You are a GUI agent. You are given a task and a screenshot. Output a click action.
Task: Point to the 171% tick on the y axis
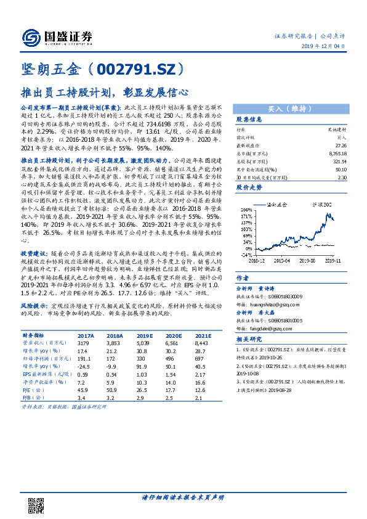point(244,217)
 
